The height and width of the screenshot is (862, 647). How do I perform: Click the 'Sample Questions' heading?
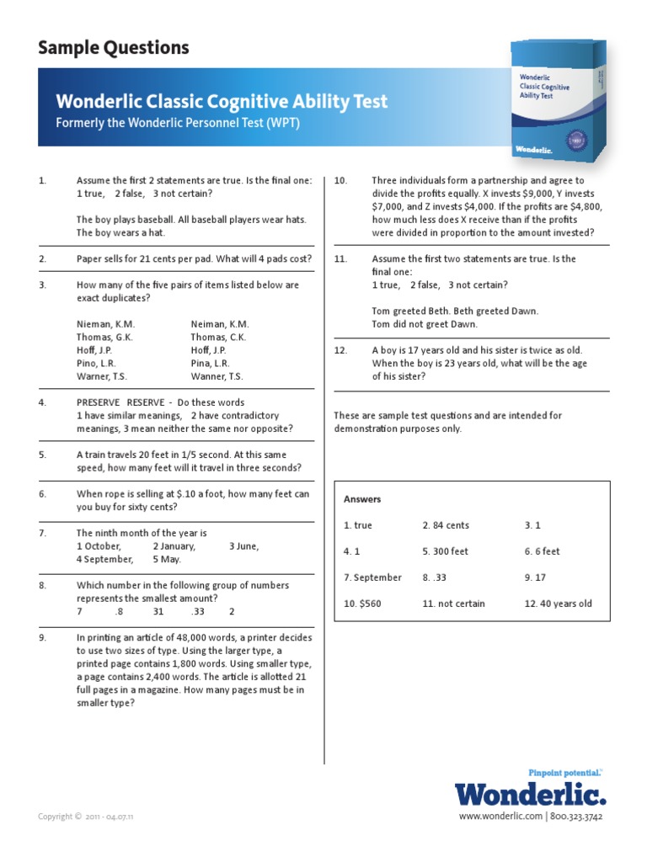[113, 48]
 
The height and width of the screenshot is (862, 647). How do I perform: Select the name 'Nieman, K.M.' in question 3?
[105, 324]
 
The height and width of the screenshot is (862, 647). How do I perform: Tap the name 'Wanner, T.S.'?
[217, 376]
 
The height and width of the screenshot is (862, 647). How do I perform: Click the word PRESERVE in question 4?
[99, 402]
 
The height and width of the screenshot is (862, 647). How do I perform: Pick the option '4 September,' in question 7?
[104, 559]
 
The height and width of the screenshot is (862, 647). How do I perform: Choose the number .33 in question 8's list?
[198, 611]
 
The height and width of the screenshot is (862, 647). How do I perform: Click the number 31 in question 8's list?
[158, 611]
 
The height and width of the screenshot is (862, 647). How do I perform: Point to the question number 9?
[42, 638]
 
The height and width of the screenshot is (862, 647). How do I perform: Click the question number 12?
[340, 350]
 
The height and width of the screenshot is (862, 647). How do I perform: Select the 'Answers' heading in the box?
[362, 499]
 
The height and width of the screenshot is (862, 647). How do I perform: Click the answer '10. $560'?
[362, 604]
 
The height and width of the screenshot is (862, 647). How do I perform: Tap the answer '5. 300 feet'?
[445, 551]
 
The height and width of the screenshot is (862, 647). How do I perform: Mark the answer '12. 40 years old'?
[558, 604]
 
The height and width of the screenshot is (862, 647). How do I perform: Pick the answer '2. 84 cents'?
[446, 525]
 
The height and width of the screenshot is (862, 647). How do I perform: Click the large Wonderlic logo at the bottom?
[530, 794]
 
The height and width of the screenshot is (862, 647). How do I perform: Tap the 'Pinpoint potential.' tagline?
[564, 772]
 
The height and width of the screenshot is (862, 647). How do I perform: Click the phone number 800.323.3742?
[578, 817]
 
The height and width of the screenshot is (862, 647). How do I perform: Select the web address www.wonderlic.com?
[500, 817]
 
